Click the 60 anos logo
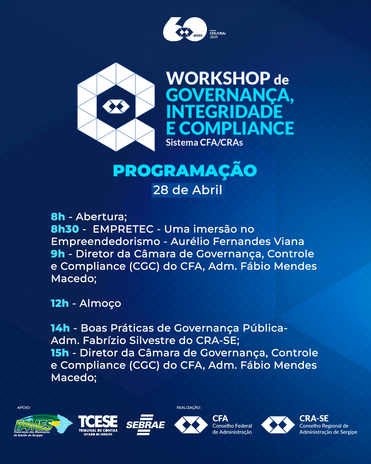[194, 29]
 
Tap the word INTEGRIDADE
[224, 111]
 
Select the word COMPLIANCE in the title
[236, 128]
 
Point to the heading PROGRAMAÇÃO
[185, 171]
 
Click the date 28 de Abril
[188, 190]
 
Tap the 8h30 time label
[65, 229]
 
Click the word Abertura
[101, 217]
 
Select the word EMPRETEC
[123, 229]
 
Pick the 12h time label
[60, 303]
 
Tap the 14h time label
[60, 328]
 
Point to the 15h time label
[60, 353]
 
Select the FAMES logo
[43, 425]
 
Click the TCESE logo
[98, 425]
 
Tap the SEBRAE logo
[146, 425]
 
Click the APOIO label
[24, 408]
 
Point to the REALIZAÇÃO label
[189, 408]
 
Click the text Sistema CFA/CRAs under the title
[204, 143]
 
